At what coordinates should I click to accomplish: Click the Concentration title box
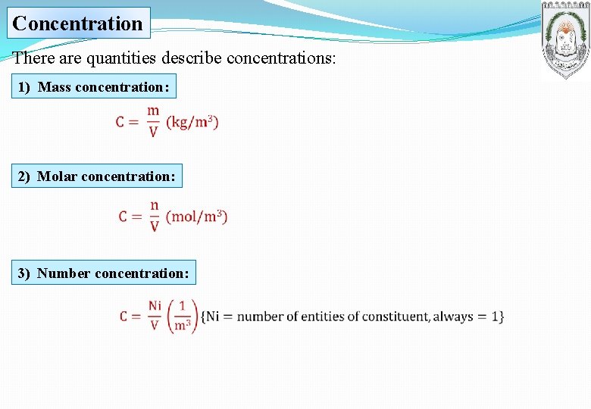[78, 23]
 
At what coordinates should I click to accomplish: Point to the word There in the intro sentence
[33, 58]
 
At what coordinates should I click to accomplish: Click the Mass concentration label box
[93, 87]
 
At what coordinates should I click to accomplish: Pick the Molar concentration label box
[97, 176]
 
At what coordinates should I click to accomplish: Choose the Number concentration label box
[104, 273]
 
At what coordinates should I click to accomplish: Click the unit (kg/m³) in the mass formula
[192, 122]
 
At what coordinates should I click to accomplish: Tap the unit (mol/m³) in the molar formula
[196, 217]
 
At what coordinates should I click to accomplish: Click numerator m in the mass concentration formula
[153, 111]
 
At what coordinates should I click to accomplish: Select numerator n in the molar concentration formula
[155, 205]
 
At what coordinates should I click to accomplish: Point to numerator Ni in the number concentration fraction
[155, 305]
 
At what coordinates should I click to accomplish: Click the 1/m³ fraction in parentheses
[182, 316]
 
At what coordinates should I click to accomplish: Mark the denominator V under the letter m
[153, 133]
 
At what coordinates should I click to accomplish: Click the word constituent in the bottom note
[394, 317]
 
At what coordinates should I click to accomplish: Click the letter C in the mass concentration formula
[121, 122]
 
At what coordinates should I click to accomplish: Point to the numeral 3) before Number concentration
[24, 273]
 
